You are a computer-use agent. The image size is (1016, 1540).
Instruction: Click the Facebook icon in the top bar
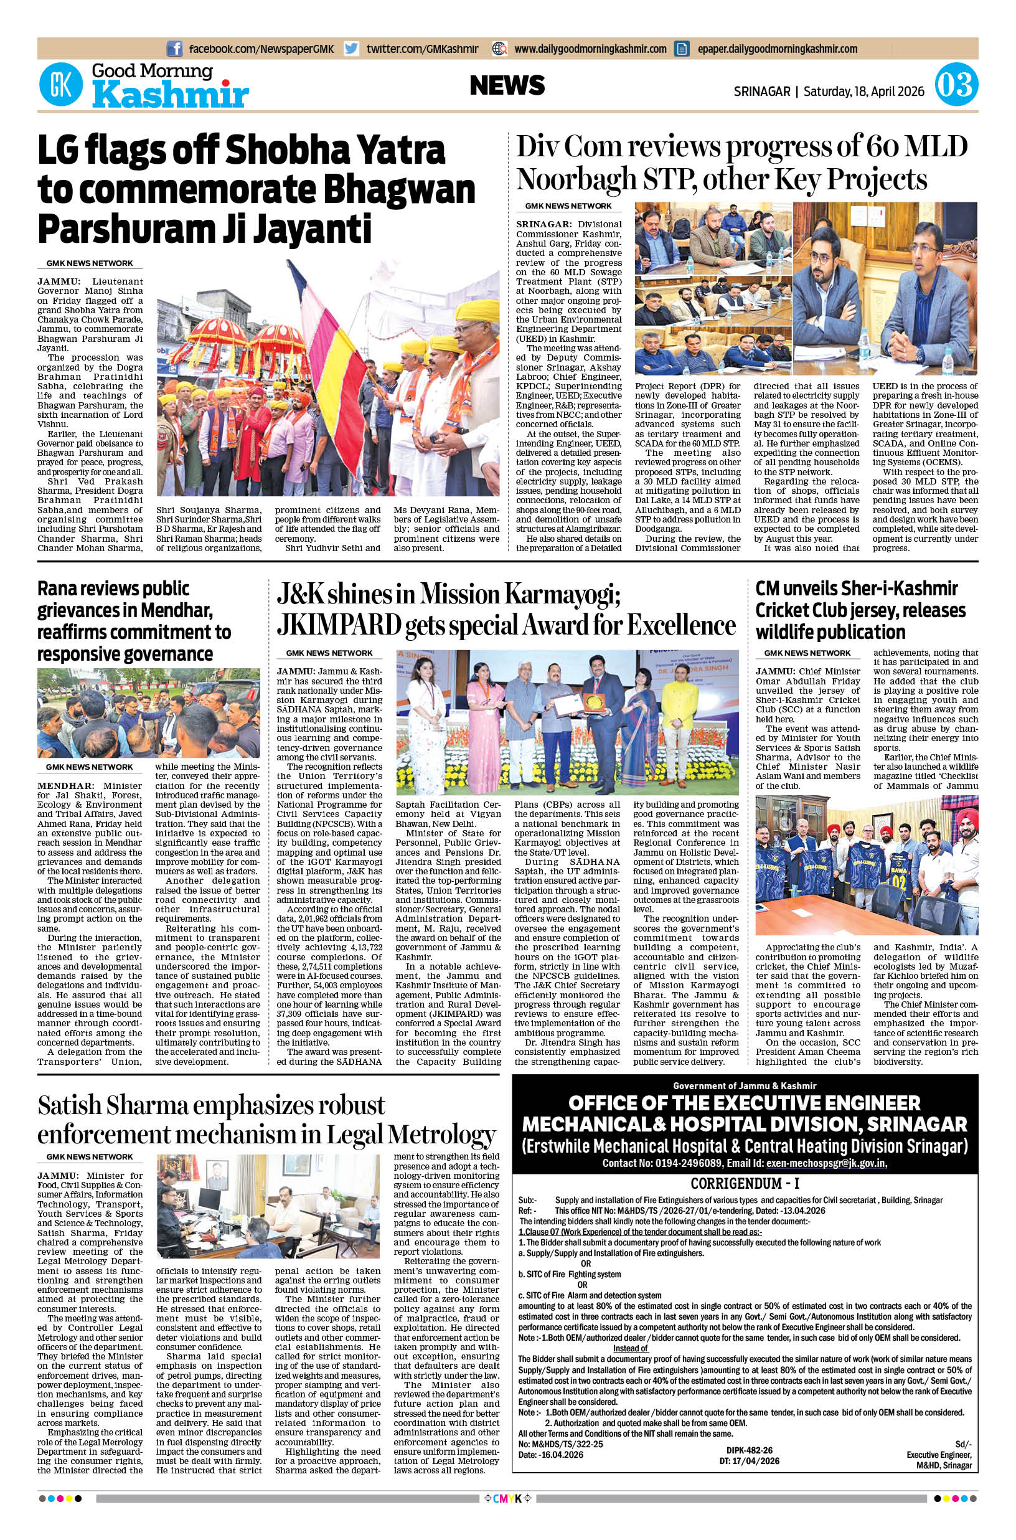point(174,49)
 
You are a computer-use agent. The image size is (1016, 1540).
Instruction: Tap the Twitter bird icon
point(351,49)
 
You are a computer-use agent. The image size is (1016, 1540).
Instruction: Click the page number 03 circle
point(956,85)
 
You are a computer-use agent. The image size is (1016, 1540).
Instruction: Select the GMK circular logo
point(61,85)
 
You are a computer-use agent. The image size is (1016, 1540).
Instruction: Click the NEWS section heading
point(507,85)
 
